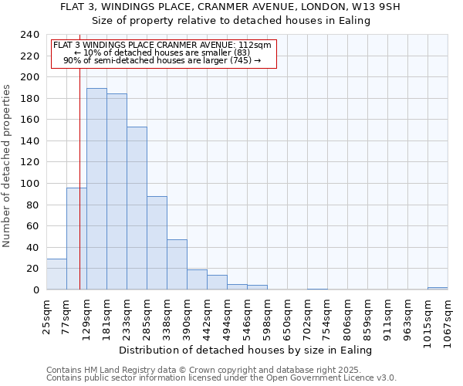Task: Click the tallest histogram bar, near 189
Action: [96, 189]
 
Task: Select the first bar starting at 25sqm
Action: [56, 274]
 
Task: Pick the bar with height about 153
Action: [137, 208]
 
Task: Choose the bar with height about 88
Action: [157, 243]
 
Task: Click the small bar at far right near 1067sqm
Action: [438, 288]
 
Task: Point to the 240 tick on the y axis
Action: [31, 35]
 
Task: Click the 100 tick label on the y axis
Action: [31, 184]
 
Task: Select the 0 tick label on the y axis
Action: [36, 290]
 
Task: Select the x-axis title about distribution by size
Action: [246, 350]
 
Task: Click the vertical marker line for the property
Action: [79, 170]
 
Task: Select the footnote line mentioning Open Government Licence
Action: [221, 378]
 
